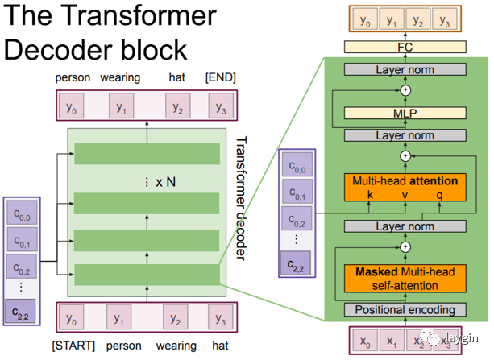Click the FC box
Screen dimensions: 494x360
point(405,48)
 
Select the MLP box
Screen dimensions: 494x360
point(405,113)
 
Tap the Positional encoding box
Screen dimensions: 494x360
point(405,310)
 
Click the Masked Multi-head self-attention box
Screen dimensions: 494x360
point(405,279)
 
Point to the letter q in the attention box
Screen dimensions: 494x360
point(439,196)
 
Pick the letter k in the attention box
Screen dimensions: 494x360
point(370,195)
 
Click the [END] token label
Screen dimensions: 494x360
point(221,77)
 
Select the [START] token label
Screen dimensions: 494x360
point(73,346)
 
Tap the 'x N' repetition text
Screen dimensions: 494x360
point(166,182)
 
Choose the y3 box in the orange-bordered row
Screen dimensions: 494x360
point(445,19)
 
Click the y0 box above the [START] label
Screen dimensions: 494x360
point(71,317)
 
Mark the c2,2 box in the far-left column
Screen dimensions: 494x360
point(20,312)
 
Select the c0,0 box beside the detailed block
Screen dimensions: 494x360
point(297,164)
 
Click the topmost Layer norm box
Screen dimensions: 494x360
point(405,69)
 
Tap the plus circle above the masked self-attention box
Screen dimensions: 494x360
point(405,247)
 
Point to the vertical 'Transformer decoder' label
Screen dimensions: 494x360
point(241,198)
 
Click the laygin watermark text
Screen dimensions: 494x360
point(463,338)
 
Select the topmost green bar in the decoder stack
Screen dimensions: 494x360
point(147,154)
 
